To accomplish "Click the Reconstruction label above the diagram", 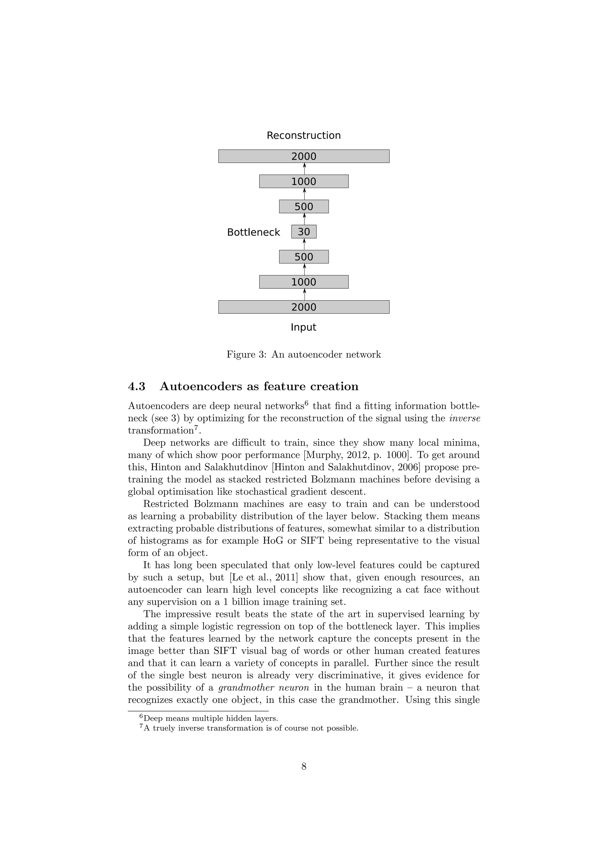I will click(x=304, y=135).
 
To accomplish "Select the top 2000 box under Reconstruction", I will click(x=304, y=156).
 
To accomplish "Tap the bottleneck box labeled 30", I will click(x=304, y=232).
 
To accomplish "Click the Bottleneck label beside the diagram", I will click(x=253, y=232).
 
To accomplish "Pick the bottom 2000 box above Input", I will click(x=304, y=307).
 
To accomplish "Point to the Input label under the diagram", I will click(x=304, y=327).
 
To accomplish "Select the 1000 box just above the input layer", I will click(x=304, y=282).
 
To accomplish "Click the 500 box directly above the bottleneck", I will click(x=304, y=207).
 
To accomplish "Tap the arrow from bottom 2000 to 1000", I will click(x=304, y=294).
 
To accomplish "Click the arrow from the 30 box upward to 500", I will click(x=304, y=219).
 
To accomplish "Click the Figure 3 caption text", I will click(x=304, y=355).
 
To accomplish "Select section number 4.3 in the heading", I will click(x=137, y=386).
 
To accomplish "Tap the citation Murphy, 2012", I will click(x=337, y=455).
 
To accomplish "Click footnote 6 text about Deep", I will click(x=210, y=719).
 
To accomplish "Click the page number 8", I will click(x=304, y=767).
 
